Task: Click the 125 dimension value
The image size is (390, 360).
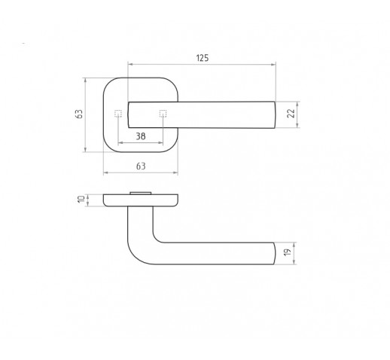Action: pyautogui.click(x=203, y=58)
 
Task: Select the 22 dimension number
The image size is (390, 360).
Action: pyautogui.click(x=291, y=113)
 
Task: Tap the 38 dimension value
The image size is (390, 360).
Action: pyautogui.click(x=141, y=136)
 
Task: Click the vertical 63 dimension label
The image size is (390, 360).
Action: pyautogui.click(x=79, y=114)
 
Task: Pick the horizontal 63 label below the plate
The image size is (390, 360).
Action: pyautogui.click(x=141, y=166)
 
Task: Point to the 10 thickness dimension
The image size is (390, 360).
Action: pyautogui.click(x=81, y=200)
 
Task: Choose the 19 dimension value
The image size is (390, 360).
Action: pyautogui.click(x=288, y=252)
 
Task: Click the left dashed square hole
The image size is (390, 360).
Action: pyautogui.click(x=118, y=114)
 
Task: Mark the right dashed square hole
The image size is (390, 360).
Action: pyautogui.click(x=163, y=114)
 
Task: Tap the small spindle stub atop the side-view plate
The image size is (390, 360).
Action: pyautogui.click(x=140, y=193)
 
